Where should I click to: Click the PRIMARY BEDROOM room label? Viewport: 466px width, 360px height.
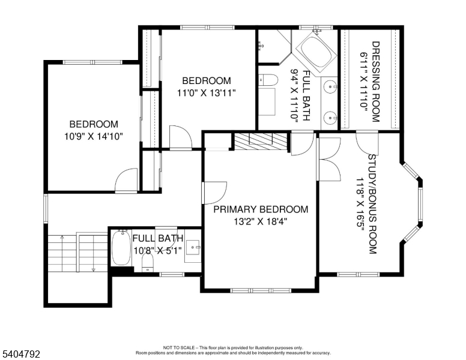point(261,209)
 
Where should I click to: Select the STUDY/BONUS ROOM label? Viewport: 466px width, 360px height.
point(372,204)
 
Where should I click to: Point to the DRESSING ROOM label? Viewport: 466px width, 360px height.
point(375,81)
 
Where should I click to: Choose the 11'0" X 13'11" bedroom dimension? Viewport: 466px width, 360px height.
point(206,92)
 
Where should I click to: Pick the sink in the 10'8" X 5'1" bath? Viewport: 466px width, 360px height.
point(193,246)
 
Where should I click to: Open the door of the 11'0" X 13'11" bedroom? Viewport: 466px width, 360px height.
point(180,137)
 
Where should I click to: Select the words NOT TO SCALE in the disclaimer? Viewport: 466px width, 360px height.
point(178,347)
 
